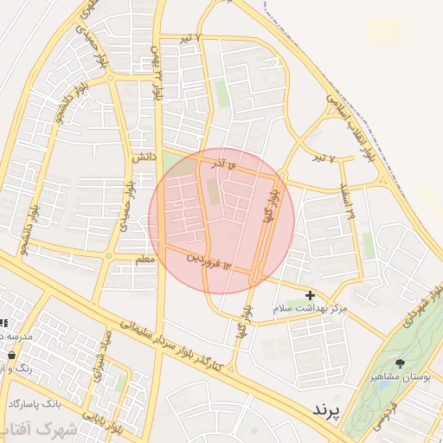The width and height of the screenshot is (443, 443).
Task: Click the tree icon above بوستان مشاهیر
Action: click(400, 363)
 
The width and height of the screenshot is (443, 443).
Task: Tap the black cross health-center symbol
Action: click(310, 295)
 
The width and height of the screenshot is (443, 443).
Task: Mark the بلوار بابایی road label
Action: click(120, 423)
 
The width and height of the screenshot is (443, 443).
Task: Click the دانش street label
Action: click(143, 158)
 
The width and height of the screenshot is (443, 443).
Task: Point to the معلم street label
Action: click(144, 260)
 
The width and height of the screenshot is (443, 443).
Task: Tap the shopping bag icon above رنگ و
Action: click(10, 355)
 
